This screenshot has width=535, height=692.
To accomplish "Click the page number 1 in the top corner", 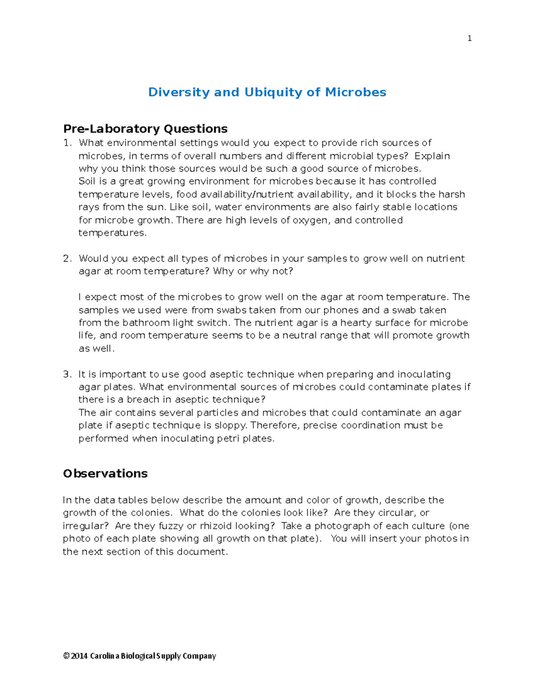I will click(x=469, y=38).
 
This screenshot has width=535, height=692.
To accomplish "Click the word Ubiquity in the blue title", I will click(x=273, y=92).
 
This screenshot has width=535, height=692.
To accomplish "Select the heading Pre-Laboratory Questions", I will click(x=145, y=129).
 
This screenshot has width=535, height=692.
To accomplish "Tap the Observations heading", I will click(x=105, y=473).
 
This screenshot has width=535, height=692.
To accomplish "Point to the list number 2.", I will click(x=67, y=258).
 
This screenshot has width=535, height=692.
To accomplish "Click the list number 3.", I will click(x=67, y=374).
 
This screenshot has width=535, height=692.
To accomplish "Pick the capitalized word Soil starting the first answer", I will click(x=87, y=181).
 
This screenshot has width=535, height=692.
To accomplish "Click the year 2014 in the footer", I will click(x=79, y=656).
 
